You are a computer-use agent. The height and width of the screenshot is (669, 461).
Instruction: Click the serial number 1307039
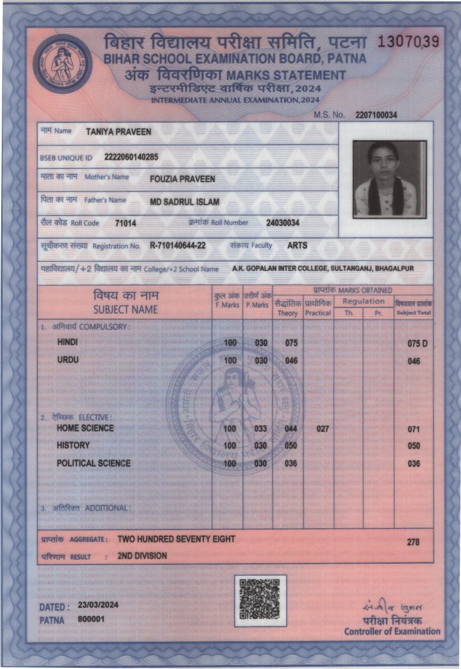408,41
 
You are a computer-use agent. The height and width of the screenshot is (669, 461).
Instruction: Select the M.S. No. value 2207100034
376,115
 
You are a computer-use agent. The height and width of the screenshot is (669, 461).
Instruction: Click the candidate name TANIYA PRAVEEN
118,132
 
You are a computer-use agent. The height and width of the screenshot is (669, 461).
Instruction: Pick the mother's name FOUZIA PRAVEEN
182,179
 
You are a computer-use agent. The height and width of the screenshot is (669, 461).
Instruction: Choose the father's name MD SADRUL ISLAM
184,202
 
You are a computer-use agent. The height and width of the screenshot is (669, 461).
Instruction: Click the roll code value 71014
125,224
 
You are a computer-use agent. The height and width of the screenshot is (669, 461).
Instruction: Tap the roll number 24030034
282,223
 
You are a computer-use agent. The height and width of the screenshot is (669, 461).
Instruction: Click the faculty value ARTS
297,245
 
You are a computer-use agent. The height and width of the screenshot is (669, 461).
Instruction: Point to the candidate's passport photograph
389,178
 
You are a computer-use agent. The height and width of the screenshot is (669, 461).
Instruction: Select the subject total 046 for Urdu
414,361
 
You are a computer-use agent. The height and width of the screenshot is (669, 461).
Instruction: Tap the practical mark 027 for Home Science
323,428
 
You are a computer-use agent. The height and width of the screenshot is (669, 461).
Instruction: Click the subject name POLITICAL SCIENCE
94,463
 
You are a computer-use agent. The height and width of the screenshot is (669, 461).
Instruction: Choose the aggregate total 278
414,542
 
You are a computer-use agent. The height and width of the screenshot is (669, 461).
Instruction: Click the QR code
260,600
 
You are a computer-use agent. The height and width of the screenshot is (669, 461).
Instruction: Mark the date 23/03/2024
98,605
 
